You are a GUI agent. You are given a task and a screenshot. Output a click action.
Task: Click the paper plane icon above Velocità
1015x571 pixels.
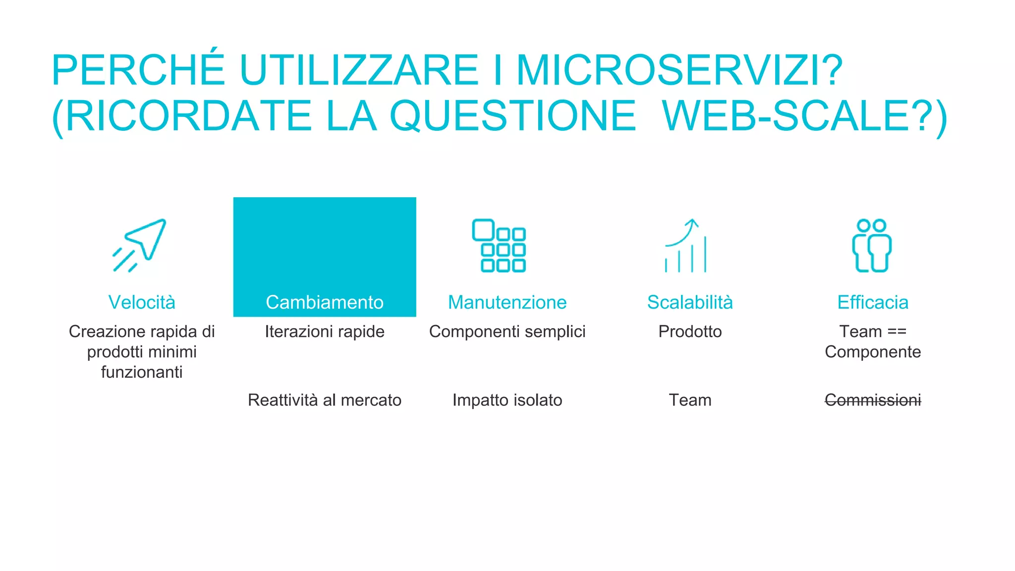click(140, 245)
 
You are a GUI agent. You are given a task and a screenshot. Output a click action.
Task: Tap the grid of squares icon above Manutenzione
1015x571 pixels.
click(499, 246)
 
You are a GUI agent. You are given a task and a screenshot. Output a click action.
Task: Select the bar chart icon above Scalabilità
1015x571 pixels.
click(686, 246)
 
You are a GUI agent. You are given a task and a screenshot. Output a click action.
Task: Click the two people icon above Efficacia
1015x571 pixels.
click(872, 246)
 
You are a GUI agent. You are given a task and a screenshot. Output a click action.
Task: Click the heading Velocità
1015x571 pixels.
click(142, 302)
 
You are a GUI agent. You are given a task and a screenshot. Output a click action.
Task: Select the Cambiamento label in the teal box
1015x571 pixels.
click(325, 302)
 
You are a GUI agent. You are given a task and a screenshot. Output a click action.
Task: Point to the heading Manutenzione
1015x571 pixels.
click(507, 302)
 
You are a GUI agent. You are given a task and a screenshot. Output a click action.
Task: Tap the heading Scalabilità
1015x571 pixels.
click(690, 302)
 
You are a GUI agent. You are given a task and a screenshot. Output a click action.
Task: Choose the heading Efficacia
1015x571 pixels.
click(873, 302)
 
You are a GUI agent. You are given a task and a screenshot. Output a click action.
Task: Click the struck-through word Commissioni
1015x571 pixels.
click(873, 400)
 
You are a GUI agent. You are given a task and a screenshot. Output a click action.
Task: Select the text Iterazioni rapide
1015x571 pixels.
click(325, 332)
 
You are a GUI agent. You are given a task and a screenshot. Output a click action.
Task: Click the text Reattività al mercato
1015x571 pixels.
click(325, 400)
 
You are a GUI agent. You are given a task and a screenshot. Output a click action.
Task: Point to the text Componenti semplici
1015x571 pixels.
click(507, 332)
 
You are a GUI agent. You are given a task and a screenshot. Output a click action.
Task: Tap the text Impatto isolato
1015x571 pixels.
click(507, 400)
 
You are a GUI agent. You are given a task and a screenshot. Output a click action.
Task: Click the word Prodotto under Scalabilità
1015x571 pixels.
click(690, 332)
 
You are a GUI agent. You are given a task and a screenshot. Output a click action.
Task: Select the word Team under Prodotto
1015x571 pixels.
click(690, 400)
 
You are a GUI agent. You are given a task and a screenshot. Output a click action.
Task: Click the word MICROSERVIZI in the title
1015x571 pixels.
click(679, 70)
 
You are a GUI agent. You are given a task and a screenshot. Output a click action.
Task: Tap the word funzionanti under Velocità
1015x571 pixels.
click(142, 372)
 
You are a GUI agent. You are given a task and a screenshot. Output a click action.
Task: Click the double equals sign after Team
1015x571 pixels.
click(897, 332)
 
